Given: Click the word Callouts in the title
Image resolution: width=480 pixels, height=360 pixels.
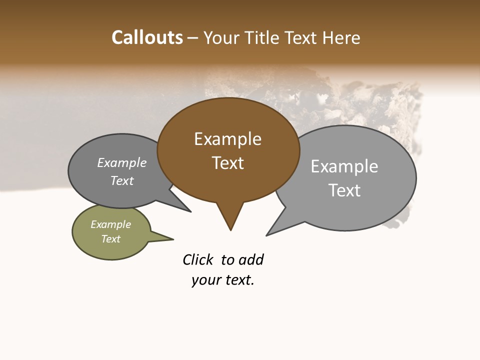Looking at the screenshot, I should click(x=147, y=37).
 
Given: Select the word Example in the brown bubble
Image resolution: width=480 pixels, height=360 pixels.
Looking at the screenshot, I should click(x=227, y=139).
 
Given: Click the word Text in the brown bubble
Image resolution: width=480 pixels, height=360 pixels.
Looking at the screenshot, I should click(x=227, y=163).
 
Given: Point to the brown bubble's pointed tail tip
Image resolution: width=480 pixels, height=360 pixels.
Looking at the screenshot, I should click(x=230, y=230).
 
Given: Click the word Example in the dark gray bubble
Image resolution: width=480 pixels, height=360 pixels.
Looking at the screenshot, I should click(x=122, y=163).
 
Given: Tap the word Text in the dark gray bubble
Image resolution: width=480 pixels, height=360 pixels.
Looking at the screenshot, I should click(x=122, y=180).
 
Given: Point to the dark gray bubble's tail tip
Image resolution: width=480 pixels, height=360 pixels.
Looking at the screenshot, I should click(x=190, y=211).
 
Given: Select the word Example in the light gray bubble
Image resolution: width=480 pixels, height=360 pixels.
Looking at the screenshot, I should click(x=344, y=166).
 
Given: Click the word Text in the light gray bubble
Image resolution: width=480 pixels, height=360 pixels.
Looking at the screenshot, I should click(x=344, y=190).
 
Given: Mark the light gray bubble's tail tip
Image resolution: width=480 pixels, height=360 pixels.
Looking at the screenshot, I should click(x=266, y=235).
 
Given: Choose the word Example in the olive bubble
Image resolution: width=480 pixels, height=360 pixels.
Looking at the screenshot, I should click(x=111, y=224).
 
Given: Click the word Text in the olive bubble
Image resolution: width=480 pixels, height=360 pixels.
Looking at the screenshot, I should click(x=111, y=239).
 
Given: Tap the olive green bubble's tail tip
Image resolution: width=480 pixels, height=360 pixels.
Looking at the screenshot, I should click(x=173, y=239).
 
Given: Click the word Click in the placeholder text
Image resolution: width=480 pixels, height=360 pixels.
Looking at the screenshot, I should click(x=198, y=260).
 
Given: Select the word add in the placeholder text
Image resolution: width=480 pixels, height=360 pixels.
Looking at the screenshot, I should click(x=251, y=260).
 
